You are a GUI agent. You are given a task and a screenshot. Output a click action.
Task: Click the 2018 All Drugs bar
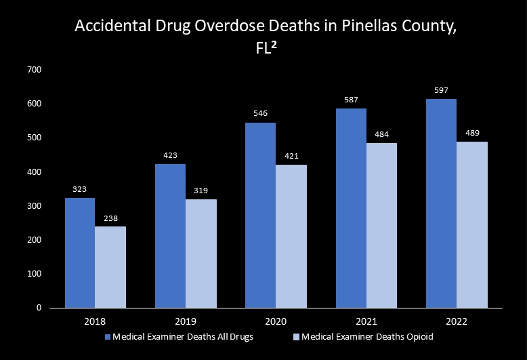point(80,252)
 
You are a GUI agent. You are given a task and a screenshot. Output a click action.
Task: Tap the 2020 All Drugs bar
point(261,215)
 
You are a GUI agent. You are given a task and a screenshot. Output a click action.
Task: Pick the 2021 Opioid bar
point(381,225)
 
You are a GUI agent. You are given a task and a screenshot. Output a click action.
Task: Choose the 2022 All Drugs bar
point(442,203)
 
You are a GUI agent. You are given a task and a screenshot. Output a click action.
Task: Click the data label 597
point(442,91)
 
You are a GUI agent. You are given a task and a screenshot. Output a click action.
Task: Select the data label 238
point(110,218)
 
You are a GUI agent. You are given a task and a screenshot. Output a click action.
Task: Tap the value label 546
point(261,114)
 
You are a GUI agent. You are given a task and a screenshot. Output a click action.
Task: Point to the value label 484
point(381,134)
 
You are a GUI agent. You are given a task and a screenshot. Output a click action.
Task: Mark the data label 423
point(171,155)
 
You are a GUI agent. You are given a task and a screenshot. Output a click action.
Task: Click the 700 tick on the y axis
point(35,70)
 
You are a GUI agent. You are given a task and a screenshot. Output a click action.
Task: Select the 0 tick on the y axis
point(39,308)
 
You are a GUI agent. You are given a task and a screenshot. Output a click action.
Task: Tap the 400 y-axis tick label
point(35,172)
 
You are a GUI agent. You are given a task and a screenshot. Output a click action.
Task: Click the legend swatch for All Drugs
point(107,337)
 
